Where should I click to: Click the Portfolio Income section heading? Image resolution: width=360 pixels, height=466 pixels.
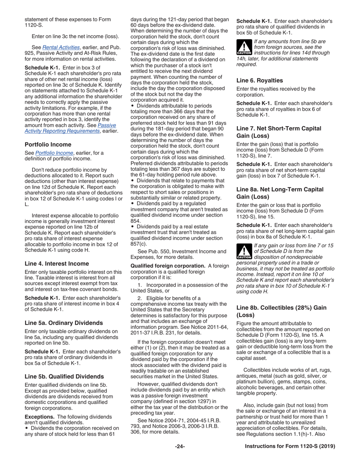[x=48, y=144]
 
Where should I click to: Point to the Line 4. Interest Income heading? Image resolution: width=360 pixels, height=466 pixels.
[x=57, y=263]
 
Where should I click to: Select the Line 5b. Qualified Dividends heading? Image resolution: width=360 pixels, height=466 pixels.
[x=64, y=377]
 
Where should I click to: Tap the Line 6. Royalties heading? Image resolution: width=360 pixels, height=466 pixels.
[x=260, y=80]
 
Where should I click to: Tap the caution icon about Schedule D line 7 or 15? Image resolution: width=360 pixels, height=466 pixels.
[x=243, y=251]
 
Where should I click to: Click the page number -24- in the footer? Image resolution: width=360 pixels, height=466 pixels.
[x=180, y=446]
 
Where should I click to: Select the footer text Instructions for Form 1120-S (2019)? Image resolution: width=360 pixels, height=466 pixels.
[x=290, y=446]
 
